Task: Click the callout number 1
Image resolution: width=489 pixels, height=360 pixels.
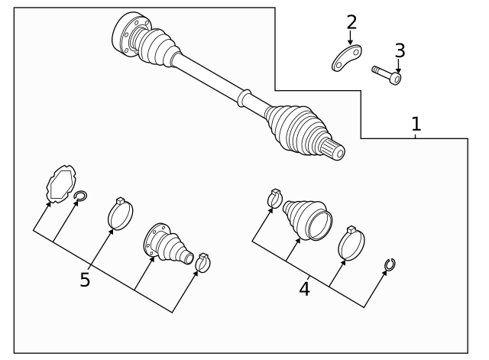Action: pos(416,123)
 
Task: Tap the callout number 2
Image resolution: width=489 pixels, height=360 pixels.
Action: pos(351,22)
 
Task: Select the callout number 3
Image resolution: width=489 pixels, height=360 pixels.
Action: pos(400,50)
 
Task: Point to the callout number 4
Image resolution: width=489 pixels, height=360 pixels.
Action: pos(304,290)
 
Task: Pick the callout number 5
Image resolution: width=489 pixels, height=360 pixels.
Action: pos(85,280)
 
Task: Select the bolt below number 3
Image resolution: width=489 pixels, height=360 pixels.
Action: pos(387,75)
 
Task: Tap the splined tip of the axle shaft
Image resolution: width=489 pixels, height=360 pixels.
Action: pos(335,151)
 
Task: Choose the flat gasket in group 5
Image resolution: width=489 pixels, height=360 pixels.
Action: pos(59,183)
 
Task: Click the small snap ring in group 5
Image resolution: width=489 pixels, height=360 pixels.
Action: pos(79,200)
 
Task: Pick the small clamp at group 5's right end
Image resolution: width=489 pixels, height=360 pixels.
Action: pos(202,261)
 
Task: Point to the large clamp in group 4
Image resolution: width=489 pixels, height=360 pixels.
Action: pos(351,244)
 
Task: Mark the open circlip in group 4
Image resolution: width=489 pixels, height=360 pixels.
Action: pos(390,264)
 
